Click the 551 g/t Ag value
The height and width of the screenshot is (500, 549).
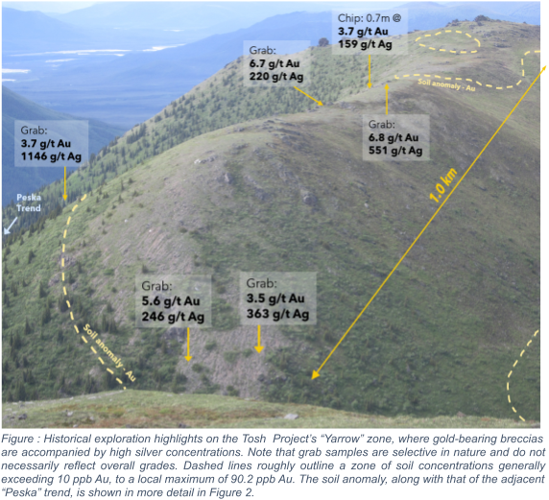pyautogui.click(x=396, y=151)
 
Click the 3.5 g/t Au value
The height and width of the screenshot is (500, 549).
pyautogui.click(x=275, y=298)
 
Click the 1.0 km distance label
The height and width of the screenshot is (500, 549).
pyautogui.click(x=444, y=184)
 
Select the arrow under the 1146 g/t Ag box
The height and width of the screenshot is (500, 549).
pyautogui.click(x=65, y=181)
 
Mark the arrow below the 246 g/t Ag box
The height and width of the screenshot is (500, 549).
pyautogui.click(x=188, y=344)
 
